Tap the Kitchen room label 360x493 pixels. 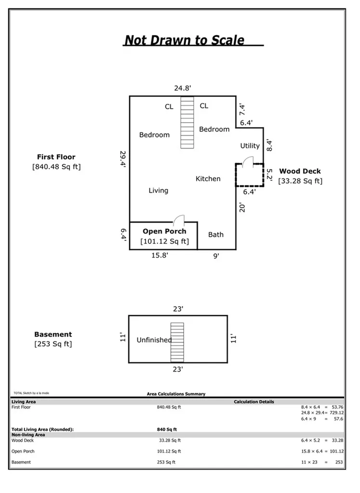[x=208, y=179]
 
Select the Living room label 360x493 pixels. [x=158, y=191]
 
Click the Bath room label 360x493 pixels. [x=216, y=234]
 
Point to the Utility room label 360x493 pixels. [x=250, y=146]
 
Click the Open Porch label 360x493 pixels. [x=164, y=231]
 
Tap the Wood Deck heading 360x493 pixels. [x=300, y=171]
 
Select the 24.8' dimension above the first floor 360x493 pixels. [x=183, y=88]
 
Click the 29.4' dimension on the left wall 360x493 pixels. [x=123, y=158]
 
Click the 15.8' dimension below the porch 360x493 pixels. [x=160, y=256]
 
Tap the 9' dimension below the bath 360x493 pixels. [x=216, y=256]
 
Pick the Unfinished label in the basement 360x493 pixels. [x=154, y=340]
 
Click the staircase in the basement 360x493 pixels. [x=177, y=342]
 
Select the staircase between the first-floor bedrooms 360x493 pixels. [x=187, y=122]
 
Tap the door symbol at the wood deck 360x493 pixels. [x=246, y=163]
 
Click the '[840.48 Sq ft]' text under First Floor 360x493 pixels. [x=56, y=167]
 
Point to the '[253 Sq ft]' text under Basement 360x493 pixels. [x=53, y=344]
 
